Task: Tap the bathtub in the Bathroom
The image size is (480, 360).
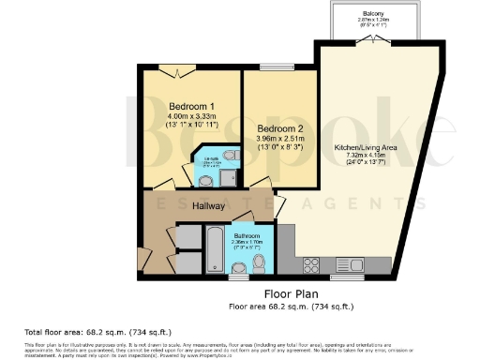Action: [x=214, y=252]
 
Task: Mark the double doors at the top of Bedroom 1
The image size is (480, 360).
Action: [x=174, y=69]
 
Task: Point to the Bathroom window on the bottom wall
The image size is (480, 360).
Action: [x=237, y=277]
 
